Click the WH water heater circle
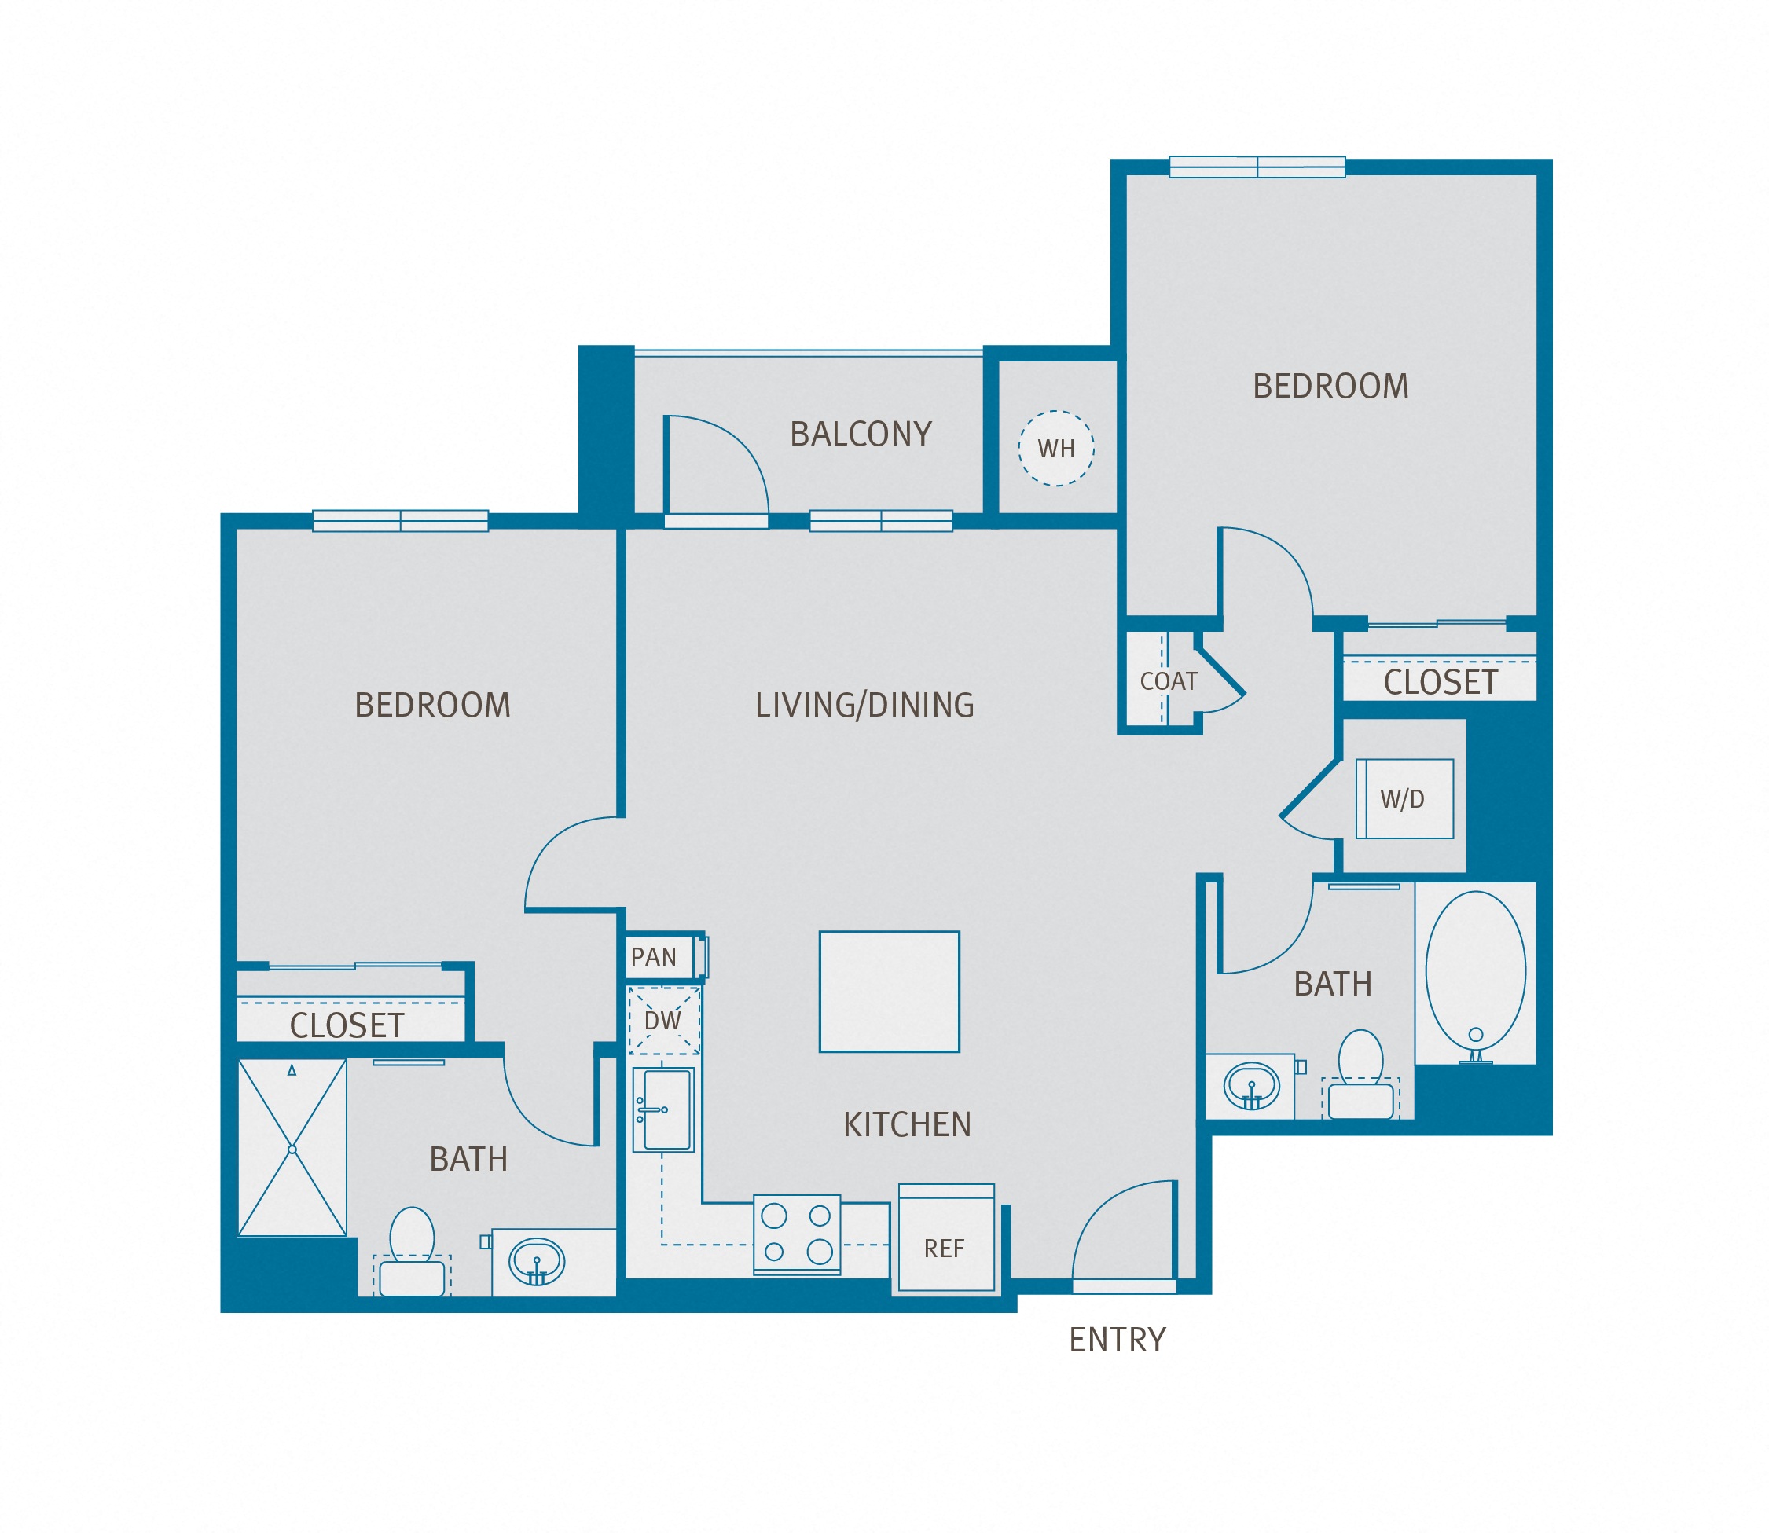(x=1055, y=448)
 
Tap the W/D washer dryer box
(x=1404, y=799)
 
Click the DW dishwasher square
(x=663, y=1020)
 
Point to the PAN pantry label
(x=654, y=957)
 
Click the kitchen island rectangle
(x=889, y=992)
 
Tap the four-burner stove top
(x=796, y=1234)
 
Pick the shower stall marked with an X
(x=292, y=1148)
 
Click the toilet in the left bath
(x=412, y=1250)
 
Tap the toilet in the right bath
(x=1360, y=1073)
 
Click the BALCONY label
(x=861, y=435)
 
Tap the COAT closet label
(x=1169, y=682)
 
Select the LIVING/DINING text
(x=864, y=705)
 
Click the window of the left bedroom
(x=400, y=520)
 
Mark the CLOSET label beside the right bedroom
(x=1440, y=683)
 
